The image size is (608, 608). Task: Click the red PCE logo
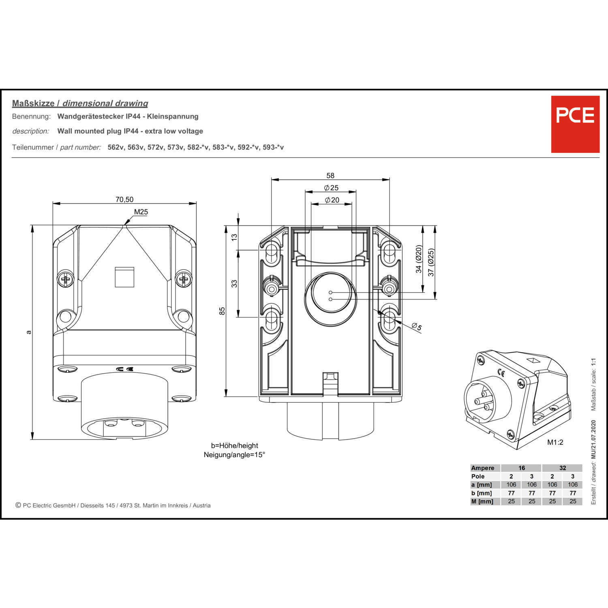(575, 124)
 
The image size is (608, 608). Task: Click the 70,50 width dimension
(124, 199)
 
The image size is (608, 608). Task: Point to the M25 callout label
(141, 212)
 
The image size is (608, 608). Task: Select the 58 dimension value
(330, 176)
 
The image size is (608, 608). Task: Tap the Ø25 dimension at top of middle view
(331, 188)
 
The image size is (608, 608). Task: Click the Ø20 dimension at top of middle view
(332, 200)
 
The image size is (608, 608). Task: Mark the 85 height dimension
(222, 311)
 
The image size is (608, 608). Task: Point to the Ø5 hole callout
(417, 327)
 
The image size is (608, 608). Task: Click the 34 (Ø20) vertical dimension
(419, 259)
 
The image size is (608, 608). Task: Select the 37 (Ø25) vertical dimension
(431, 262)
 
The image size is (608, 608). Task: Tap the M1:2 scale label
(555, 442)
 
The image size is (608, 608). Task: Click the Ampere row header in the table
(482, 468)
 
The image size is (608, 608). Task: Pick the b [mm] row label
(482, 493)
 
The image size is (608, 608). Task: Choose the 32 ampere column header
(562, 468)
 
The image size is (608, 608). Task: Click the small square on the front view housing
(124, 277)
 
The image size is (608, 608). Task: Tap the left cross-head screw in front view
(65, 279)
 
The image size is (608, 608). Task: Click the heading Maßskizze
(33, 103)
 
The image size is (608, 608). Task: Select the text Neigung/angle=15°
(234, 455)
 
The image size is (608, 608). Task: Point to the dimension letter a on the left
(28, 332)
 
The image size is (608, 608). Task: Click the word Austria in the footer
(201, 505)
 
